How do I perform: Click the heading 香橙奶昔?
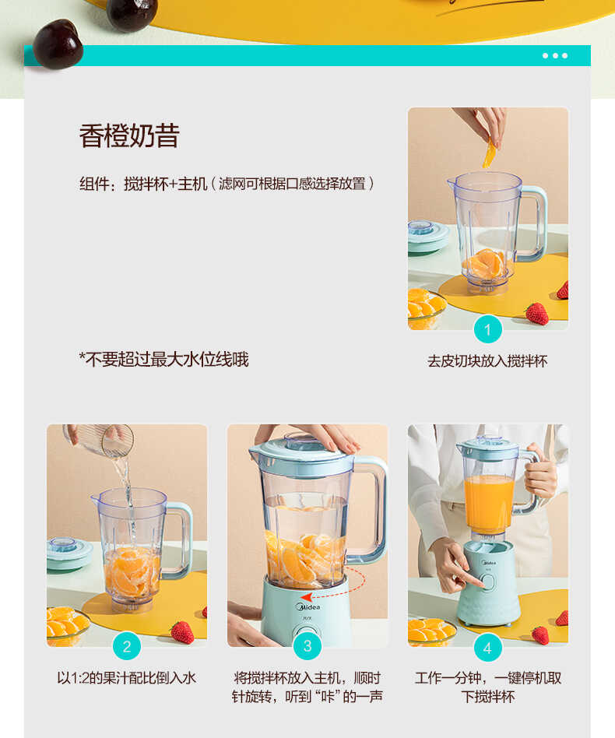click(129, 135)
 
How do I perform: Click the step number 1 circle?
click(487, 330)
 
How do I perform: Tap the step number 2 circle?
click(127, 646)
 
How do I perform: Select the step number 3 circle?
click(307, 646)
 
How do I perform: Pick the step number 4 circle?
click(487, 648)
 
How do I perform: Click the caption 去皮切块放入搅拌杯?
click(487, 361)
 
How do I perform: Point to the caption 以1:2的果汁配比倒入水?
click(126, 678)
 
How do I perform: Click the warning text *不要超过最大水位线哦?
click(163, 359)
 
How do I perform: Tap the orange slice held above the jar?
click(489, 154)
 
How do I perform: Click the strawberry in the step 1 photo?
click(537, 313)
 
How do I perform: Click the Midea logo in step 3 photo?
click(306, 606)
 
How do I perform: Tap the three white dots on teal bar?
click(555, 55)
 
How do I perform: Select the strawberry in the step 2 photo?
click(182, 631)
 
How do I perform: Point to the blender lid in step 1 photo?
click(425, 232)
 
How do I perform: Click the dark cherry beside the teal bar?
click(58, 43)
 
